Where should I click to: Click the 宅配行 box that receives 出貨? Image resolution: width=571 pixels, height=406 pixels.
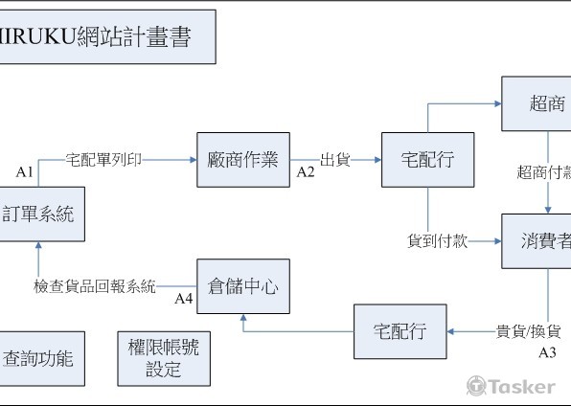coord(427,160)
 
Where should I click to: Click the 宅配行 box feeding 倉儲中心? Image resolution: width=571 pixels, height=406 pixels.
coord(400,331)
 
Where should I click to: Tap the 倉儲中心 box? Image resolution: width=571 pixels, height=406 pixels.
coord(242,286)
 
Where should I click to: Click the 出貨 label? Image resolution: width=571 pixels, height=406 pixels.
coord(334,160)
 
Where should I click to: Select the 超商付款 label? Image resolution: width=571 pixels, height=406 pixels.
coord(544,172)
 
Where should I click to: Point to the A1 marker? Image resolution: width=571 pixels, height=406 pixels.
coord(25,172)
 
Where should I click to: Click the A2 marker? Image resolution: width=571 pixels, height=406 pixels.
coord(306,172)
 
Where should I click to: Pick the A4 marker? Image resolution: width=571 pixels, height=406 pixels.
coord(184,299)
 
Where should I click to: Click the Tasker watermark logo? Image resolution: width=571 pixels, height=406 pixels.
coord(511,386)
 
